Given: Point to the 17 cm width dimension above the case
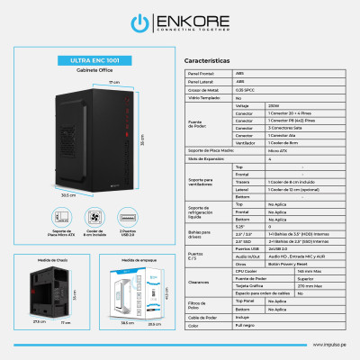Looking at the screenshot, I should [x=114, y=82].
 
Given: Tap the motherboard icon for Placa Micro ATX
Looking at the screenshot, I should [x=61, y=216].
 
